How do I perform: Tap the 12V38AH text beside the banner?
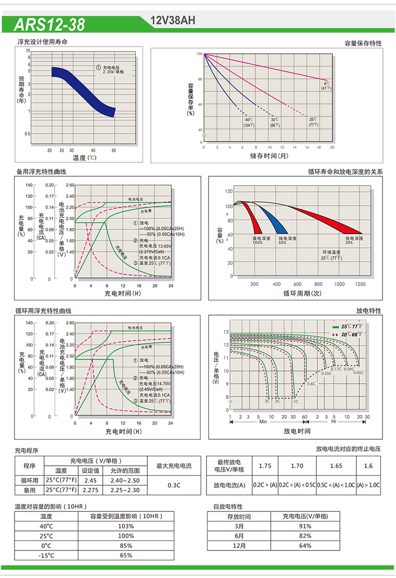(172, 21)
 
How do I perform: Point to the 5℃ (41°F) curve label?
(327, 86)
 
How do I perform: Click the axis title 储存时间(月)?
(269, 156)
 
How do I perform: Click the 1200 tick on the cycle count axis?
(360, 284)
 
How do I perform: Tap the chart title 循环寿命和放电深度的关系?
(345, 172)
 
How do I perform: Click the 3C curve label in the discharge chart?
(267, 401)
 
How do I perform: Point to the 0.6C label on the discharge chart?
(311, 384)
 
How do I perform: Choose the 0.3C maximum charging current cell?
(174, 485)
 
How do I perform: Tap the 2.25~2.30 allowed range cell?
(125, 490)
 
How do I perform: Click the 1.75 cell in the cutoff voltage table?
(265, 466)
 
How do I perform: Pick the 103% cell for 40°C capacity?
(126, 526)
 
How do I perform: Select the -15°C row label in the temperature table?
(46, 555)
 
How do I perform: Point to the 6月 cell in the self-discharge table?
(239, 536)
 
